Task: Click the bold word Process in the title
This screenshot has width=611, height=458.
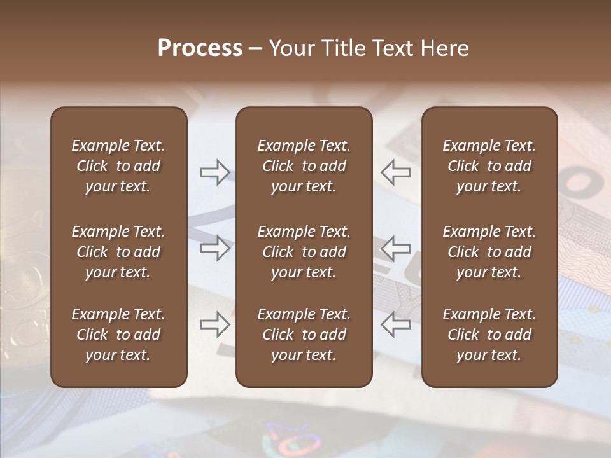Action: pos(200,48)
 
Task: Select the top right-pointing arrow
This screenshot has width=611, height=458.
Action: pos(214,172)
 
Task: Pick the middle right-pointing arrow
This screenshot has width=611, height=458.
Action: pos(214,248)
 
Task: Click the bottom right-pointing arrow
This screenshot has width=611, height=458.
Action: pos(214,324)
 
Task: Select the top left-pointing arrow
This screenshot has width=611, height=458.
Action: pos(395,172)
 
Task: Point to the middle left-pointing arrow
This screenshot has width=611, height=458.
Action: pos(395,248)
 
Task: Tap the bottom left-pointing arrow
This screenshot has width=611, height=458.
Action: pos(395,324)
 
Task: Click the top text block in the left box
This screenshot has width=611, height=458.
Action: pos(118,166)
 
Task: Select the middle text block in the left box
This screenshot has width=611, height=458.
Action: pos(118,252)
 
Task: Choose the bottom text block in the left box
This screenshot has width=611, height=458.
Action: pos(118,335)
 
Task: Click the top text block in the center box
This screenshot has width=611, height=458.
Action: pos(304,166)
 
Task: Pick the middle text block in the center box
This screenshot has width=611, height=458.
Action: pos(304,252)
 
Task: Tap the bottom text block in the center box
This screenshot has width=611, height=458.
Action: pos(304,335)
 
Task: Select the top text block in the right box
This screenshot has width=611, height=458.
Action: pos(489,166)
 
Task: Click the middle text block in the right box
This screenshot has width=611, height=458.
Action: pos(489,252)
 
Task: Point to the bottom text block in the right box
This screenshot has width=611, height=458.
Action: pos(489,335)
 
